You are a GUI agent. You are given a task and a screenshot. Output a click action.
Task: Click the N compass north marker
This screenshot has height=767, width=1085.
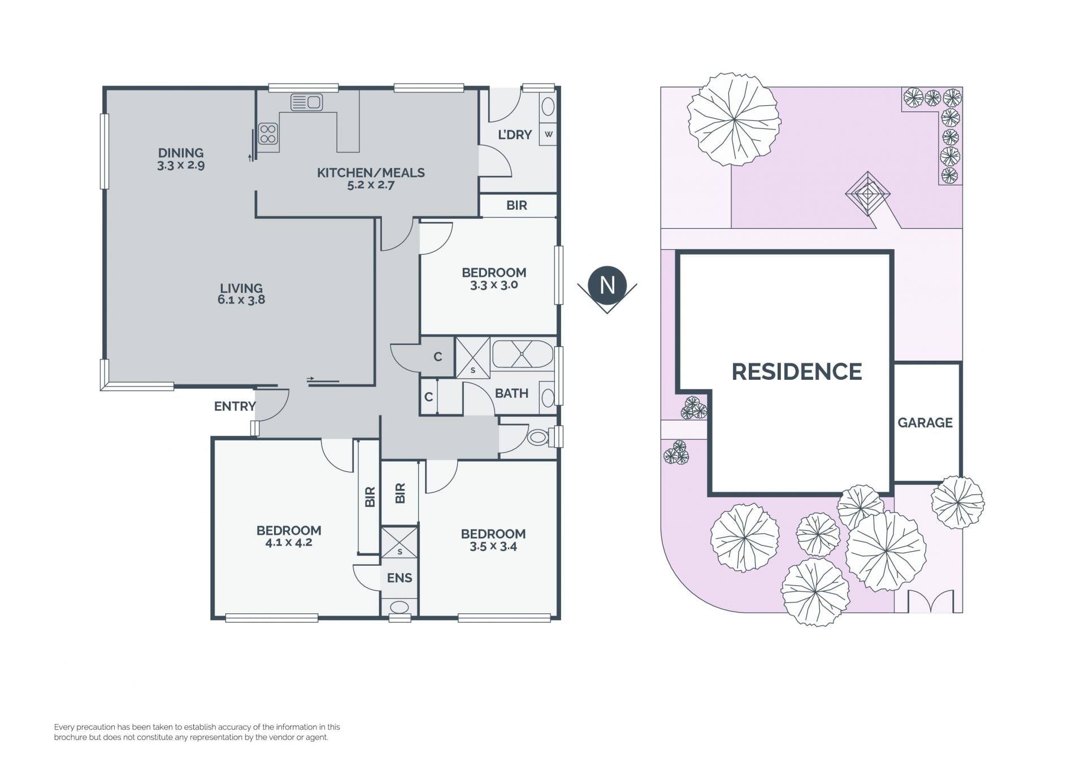point(607,285)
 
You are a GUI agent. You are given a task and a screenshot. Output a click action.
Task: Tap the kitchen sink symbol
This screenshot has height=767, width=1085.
point(306,102)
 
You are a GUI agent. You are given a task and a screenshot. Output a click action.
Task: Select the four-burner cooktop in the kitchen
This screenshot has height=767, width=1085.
point(268,134)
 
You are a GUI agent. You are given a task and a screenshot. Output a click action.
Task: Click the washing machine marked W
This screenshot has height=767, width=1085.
point(548,135)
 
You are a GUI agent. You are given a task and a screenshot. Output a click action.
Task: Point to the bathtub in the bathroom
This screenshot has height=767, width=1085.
point(523,354)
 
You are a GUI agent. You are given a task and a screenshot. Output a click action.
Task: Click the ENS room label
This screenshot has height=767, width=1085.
point(400,578)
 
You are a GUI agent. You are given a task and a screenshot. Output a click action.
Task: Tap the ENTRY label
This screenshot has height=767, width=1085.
point(235,406)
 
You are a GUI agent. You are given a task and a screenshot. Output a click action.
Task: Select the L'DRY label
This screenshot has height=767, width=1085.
point(515,135)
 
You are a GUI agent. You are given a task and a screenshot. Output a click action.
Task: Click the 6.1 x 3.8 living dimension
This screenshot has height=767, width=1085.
point(241,300)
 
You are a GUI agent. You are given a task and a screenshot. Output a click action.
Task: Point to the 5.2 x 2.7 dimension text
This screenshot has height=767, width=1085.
point(371,185)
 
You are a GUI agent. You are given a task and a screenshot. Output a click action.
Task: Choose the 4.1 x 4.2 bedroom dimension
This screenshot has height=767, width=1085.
point(289,543)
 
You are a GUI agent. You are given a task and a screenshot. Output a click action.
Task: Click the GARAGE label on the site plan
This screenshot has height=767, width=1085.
point(925,423)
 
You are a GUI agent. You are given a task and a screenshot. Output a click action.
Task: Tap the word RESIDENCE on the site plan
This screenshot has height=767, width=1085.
point(797,372)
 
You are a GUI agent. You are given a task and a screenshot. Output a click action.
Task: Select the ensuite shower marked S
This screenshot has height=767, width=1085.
point(400,543)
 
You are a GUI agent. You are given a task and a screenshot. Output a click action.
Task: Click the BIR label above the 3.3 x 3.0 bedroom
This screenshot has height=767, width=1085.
point(517,205)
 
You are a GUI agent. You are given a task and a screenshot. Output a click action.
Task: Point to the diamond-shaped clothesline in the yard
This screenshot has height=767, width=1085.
point(867,194)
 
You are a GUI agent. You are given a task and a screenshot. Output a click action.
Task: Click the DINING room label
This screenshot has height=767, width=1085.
point(181,153)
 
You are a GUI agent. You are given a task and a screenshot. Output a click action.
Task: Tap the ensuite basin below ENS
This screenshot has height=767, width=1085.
point(400,608)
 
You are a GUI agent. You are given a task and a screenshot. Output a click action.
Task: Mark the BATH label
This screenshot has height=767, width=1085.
point(511,393)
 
